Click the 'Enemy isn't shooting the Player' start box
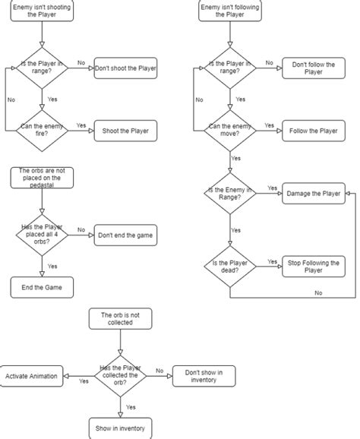tap(41, 13)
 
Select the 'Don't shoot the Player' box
tap(126, 68)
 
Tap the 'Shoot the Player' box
tap(126, 131)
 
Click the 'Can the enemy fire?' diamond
tap(42, 131)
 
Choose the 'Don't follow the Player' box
tap(313, 68)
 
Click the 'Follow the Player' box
tap(313, 131)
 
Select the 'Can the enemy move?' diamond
tap(229, 131)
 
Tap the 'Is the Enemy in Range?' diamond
tap(229, 194)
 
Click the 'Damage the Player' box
tap(313, 194)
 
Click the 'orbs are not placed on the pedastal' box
tap(41, 178)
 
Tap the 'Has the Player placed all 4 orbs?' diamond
tap(42, 235)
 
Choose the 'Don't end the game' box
tap(126, 235)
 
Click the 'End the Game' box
tap(41, 287)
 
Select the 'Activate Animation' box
tap(32, 376)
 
